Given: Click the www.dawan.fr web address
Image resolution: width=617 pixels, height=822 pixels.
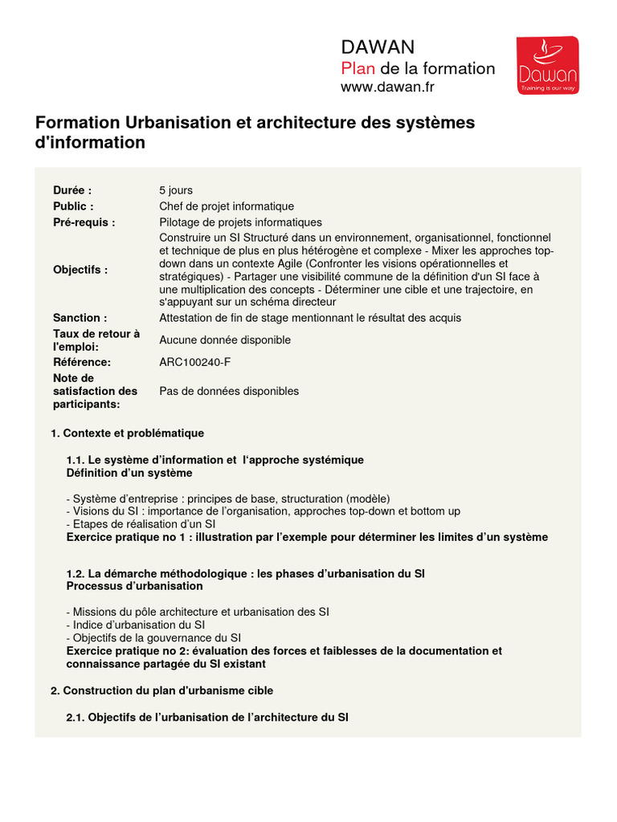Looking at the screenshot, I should tap(387, 87).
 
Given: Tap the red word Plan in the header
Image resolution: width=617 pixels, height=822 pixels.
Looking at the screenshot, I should tap(358, 68).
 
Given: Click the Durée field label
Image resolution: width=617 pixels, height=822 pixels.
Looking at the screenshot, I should tap(72, 190).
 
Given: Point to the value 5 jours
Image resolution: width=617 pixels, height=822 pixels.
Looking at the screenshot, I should tap(176, 190).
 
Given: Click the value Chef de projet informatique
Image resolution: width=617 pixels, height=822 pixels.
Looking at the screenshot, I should tap(227, 206).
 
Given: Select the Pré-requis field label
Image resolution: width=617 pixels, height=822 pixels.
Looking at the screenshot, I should tap(84, 222).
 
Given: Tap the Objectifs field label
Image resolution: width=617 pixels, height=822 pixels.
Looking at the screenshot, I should tap(80, 270).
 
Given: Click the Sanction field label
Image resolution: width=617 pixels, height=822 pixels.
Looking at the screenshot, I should tap(80, 318).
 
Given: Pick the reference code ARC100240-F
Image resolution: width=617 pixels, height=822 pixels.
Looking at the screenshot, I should tap(194, 362).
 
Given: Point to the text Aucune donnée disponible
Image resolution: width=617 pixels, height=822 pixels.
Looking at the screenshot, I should tap(225, 340).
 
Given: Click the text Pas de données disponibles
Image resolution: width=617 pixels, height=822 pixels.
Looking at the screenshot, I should tap(229, 391).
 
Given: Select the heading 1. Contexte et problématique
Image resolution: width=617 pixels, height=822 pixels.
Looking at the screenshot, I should tap(127, 433).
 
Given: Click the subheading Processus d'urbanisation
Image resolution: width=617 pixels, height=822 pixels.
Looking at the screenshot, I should tap(134, 586).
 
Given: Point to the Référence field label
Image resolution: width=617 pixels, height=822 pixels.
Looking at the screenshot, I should tap(82, 362).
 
